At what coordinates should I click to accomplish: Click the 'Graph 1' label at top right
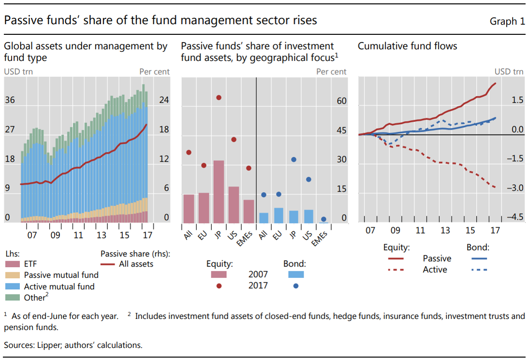(x=507, y=21)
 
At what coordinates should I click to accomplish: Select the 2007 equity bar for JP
(x=219, y=192)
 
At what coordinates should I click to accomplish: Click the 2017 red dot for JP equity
(x=219, y=98)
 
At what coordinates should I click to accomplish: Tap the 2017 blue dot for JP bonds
(x=293, y=159)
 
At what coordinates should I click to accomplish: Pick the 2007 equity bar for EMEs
(x=249, y=211)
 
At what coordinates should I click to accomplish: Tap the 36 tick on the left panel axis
(x=10, y=100)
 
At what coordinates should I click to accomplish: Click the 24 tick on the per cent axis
(x=164, y=100)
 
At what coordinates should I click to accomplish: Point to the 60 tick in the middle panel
(x=342, y=101)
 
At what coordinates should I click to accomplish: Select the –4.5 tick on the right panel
(x=514, y=217)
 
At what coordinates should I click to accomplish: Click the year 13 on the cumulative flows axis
(x=445, y=230)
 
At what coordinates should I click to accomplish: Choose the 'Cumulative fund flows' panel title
(x=407, y=46)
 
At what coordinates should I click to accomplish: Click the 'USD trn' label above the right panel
(x=509, y=72)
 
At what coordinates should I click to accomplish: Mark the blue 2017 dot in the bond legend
(x=295, y=286)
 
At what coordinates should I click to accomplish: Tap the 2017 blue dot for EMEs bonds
(x=323, y=219)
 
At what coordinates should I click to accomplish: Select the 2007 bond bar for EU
(x=279, y=215)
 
